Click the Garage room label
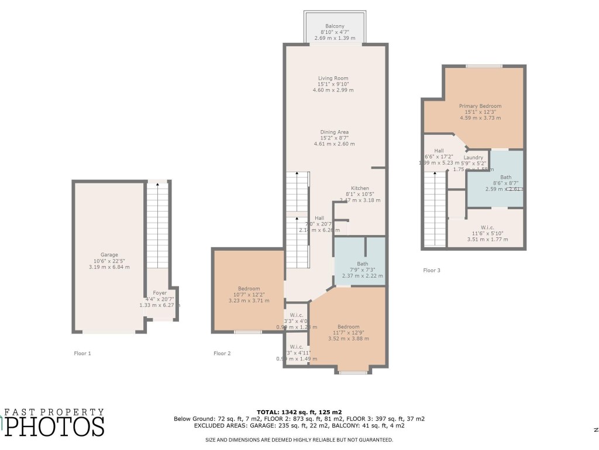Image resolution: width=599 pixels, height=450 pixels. click(x=109, y=255)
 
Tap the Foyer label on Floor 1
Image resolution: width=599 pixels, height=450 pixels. click(x=160, y=292)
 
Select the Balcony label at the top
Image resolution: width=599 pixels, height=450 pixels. click(x=335, y=26)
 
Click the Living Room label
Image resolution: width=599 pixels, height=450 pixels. click(x=333, y=78)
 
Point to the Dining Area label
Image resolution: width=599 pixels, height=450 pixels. click(x=334, y=132)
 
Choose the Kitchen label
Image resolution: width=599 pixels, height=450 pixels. click(x=360, y=188)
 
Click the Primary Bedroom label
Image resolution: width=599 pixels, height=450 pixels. click(x=480, y=106)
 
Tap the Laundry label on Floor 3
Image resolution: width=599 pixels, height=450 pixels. click(x=473, y=158)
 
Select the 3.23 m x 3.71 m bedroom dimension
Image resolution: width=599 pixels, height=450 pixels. click(x=248, y=301)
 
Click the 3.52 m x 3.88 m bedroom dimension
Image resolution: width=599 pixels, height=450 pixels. click(x=348, y=339)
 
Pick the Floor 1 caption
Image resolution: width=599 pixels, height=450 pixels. click(x=82, y=353)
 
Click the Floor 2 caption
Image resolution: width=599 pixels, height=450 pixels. click(x=222, y=353)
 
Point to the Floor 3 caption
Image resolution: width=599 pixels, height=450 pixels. click(x=432, y=270)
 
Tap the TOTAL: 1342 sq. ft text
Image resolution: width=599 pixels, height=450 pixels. click(x=299, y=412)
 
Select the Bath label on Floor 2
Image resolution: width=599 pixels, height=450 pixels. click(x=363, y=264)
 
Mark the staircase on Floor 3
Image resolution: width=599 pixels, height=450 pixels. click(x=435, y=208)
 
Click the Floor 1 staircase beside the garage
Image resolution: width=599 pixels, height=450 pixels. click(x=157, y=226)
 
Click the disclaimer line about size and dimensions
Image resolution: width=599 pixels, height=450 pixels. click(x=299, y=439)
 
